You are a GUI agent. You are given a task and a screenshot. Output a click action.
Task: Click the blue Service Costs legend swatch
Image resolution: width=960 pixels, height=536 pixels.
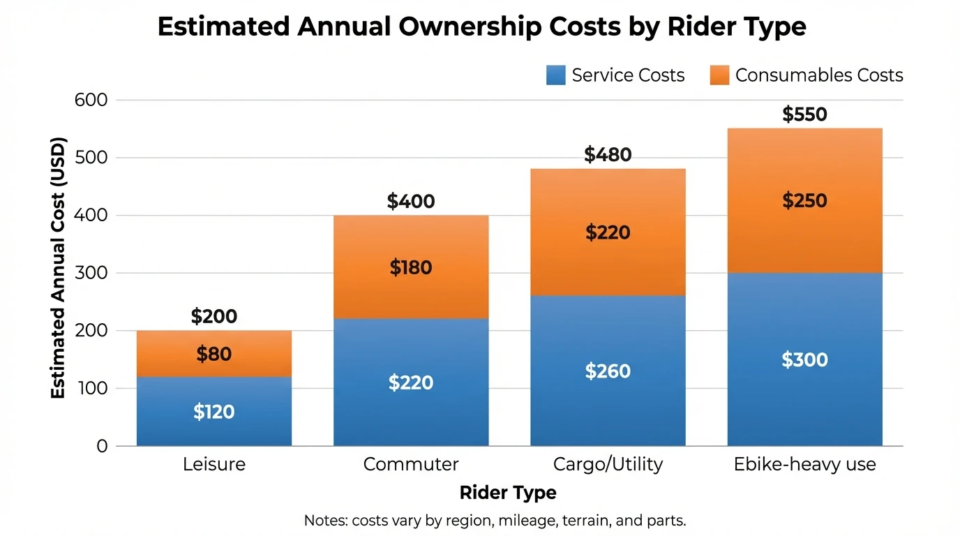click(556, 75)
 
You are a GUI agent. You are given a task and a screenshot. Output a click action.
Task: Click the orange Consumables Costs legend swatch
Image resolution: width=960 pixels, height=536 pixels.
click(719, 75)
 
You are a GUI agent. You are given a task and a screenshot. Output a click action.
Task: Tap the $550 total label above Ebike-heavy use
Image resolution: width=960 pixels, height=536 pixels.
click(804, 114)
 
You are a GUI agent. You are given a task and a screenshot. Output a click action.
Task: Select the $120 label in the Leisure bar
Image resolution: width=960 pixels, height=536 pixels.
click(213, 412)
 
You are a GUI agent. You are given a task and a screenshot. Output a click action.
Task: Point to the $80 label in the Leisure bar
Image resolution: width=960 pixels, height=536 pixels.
click(213, 355)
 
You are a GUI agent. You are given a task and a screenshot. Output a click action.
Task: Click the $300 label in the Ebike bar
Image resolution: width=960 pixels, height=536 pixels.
click(804, 360)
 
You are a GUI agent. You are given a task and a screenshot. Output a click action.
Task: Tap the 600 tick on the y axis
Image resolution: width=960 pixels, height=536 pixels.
click(91, 100)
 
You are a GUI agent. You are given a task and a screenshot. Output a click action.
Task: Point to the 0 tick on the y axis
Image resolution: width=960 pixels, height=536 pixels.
click(102, 446)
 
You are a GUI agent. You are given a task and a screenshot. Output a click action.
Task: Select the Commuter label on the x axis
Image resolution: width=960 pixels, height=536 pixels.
click(411, 464)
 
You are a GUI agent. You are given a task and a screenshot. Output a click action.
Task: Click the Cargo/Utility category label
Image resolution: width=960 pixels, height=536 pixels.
click(608, 464)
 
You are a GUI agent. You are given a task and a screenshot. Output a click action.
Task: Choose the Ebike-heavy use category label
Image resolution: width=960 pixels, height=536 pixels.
click(804, 464)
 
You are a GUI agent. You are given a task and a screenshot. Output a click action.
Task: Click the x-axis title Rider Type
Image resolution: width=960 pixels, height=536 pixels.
click(508, 493)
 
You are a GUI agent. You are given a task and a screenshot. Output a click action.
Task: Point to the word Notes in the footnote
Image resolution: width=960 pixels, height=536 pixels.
click(325, 521)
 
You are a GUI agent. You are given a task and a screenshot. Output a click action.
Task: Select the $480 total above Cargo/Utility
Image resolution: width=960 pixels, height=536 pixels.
click(608, 155)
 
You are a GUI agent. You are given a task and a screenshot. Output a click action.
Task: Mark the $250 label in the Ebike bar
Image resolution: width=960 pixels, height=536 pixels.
click(804, 201)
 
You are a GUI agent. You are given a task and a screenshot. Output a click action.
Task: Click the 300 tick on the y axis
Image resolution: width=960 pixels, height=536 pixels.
click(91, 273)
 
